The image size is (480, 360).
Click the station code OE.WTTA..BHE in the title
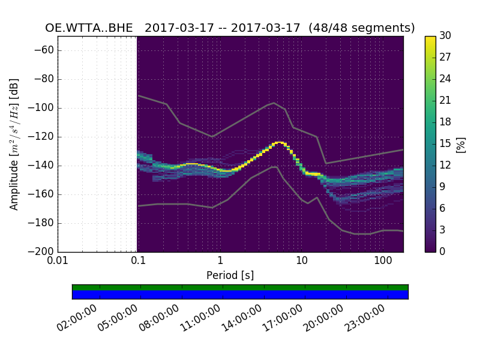coord(89,28)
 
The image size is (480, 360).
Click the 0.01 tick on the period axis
coord(58,262)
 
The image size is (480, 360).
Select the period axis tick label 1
coord(220,262)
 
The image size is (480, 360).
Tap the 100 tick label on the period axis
coord(383,262)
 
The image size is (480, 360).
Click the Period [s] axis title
coord(230,275)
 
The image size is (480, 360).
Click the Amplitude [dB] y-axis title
coord(14,144)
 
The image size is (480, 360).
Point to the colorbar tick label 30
coord(446,36)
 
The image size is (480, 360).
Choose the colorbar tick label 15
coord(446,144)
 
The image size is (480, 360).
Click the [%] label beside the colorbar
coord(461,144)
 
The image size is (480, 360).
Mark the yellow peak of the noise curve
coord(279,143)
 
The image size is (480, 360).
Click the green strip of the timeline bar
coord(240,287)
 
